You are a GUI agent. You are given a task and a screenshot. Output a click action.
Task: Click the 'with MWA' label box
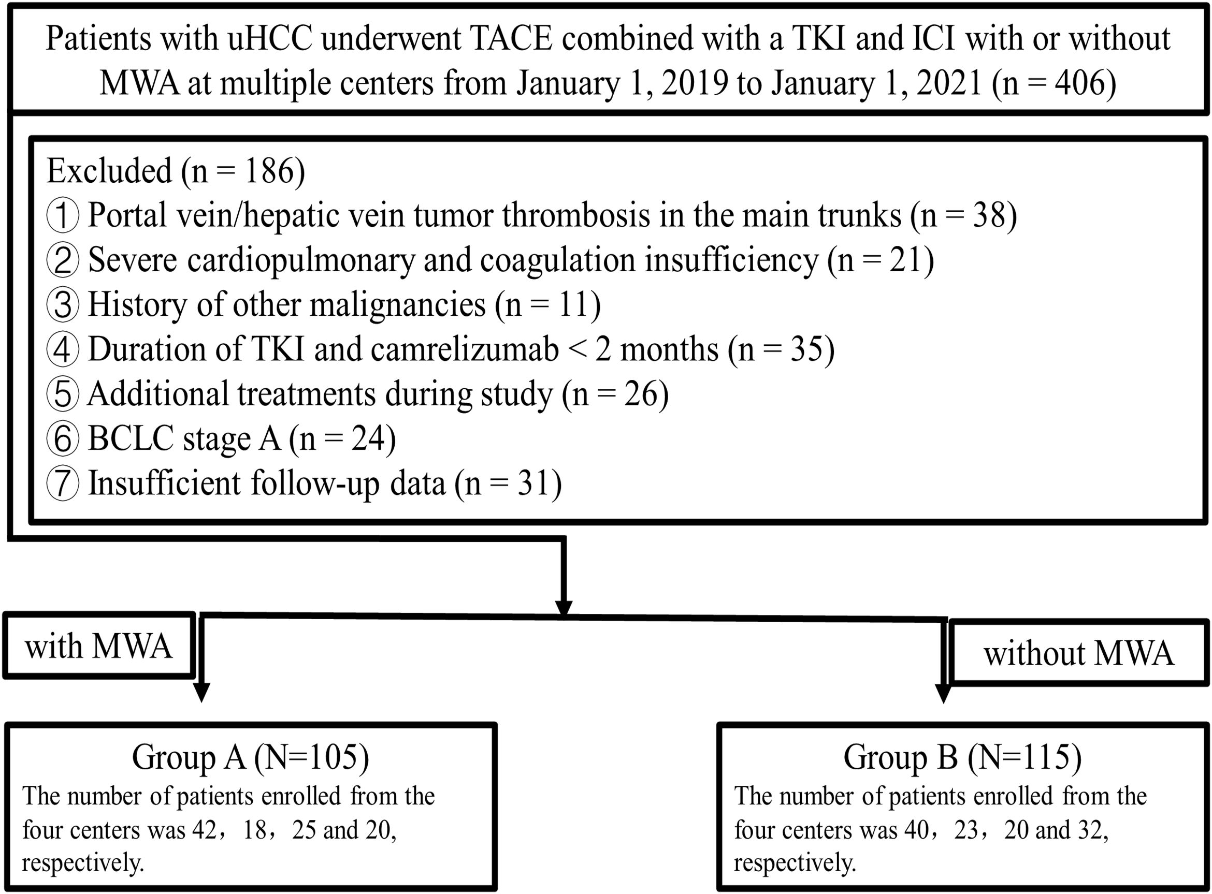[98, 646]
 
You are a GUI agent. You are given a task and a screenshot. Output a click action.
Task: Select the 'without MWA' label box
[1079, 653]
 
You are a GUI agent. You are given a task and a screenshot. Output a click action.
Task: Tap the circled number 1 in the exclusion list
[63, 215]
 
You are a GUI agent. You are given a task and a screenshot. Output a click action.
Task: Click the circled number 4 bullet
[63, 349]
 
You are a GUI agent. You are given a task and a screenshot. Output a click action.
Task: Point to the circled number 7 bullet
[63, 483]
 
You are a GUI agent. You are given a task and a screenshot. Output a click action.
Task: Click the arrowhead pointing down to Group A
[201, 693]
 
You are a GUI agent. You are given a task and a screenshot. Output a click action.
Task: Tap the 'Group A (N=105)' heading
[250, 757]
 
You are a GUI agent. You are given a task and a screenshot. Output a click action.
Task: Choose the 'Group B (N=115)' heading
[962, 757]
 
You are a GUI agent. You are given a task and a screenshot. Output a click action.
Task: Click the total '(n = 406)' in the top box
[1054, 83]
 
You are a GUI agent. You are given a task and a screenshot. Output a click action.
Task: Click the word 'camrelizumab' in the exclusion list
[465, 349]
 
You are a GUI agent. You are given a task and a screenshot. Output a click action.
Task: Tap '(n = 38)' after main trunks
[963, 215]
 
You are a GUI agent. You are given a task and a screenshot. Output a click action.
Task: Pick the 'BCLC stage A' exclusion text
[184, 439]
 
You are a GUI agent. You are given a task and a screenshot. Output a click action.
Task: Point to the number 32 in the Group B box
[1088, 830]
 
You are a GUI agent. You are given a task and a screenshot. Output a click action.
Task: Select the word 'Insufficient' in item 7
[164, 483]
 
